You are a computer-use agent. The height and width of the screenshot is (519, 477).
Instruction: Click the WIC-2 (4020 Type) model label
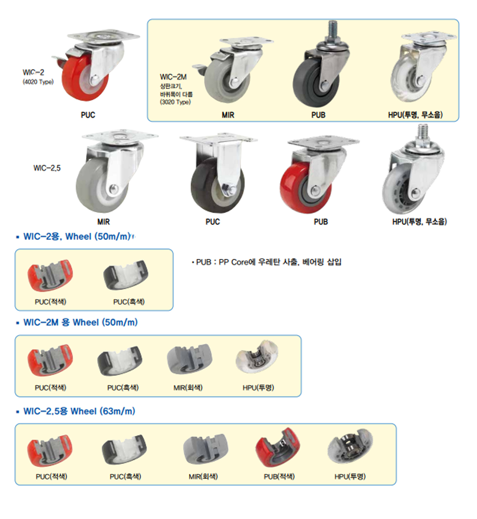point(38,77)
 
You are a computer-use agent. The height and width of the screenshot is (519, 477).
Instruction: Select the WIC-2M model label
point(173,77)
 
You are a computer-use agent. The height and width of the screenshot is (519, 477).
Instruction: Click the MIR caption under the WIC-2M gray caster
point(228,115)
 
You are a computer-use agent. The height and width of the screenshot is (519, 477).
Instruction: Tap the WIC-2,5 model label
point(47,168)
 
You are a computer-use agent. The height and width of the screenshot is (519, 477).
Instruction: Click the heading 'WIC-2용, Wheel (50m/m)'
point(77,237)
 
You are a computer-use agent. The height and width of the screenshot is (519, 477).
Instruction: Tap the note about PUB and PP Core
point(266,262)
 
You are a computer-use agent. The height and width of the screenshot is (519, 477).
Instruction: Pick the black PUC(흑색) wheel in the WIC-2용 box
point(126,275)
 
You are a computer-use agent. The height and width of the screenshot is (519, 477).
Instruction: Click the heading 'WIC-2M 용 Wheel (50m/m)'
point(81,322)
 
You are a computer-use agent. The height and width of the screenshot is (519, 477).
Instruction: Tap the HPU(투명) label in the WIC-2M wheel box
point(258,387)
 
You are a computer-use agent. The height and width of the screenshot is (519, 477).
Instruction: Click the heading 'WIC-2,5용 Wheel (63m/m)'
point(79,411)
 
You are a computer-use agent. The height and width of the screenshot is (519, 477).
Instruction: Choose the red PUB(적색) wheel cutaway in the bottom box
point(278,447)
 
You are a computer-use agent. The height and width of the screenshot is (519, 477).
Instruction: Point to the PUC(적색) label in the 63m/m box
point(51,476)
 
